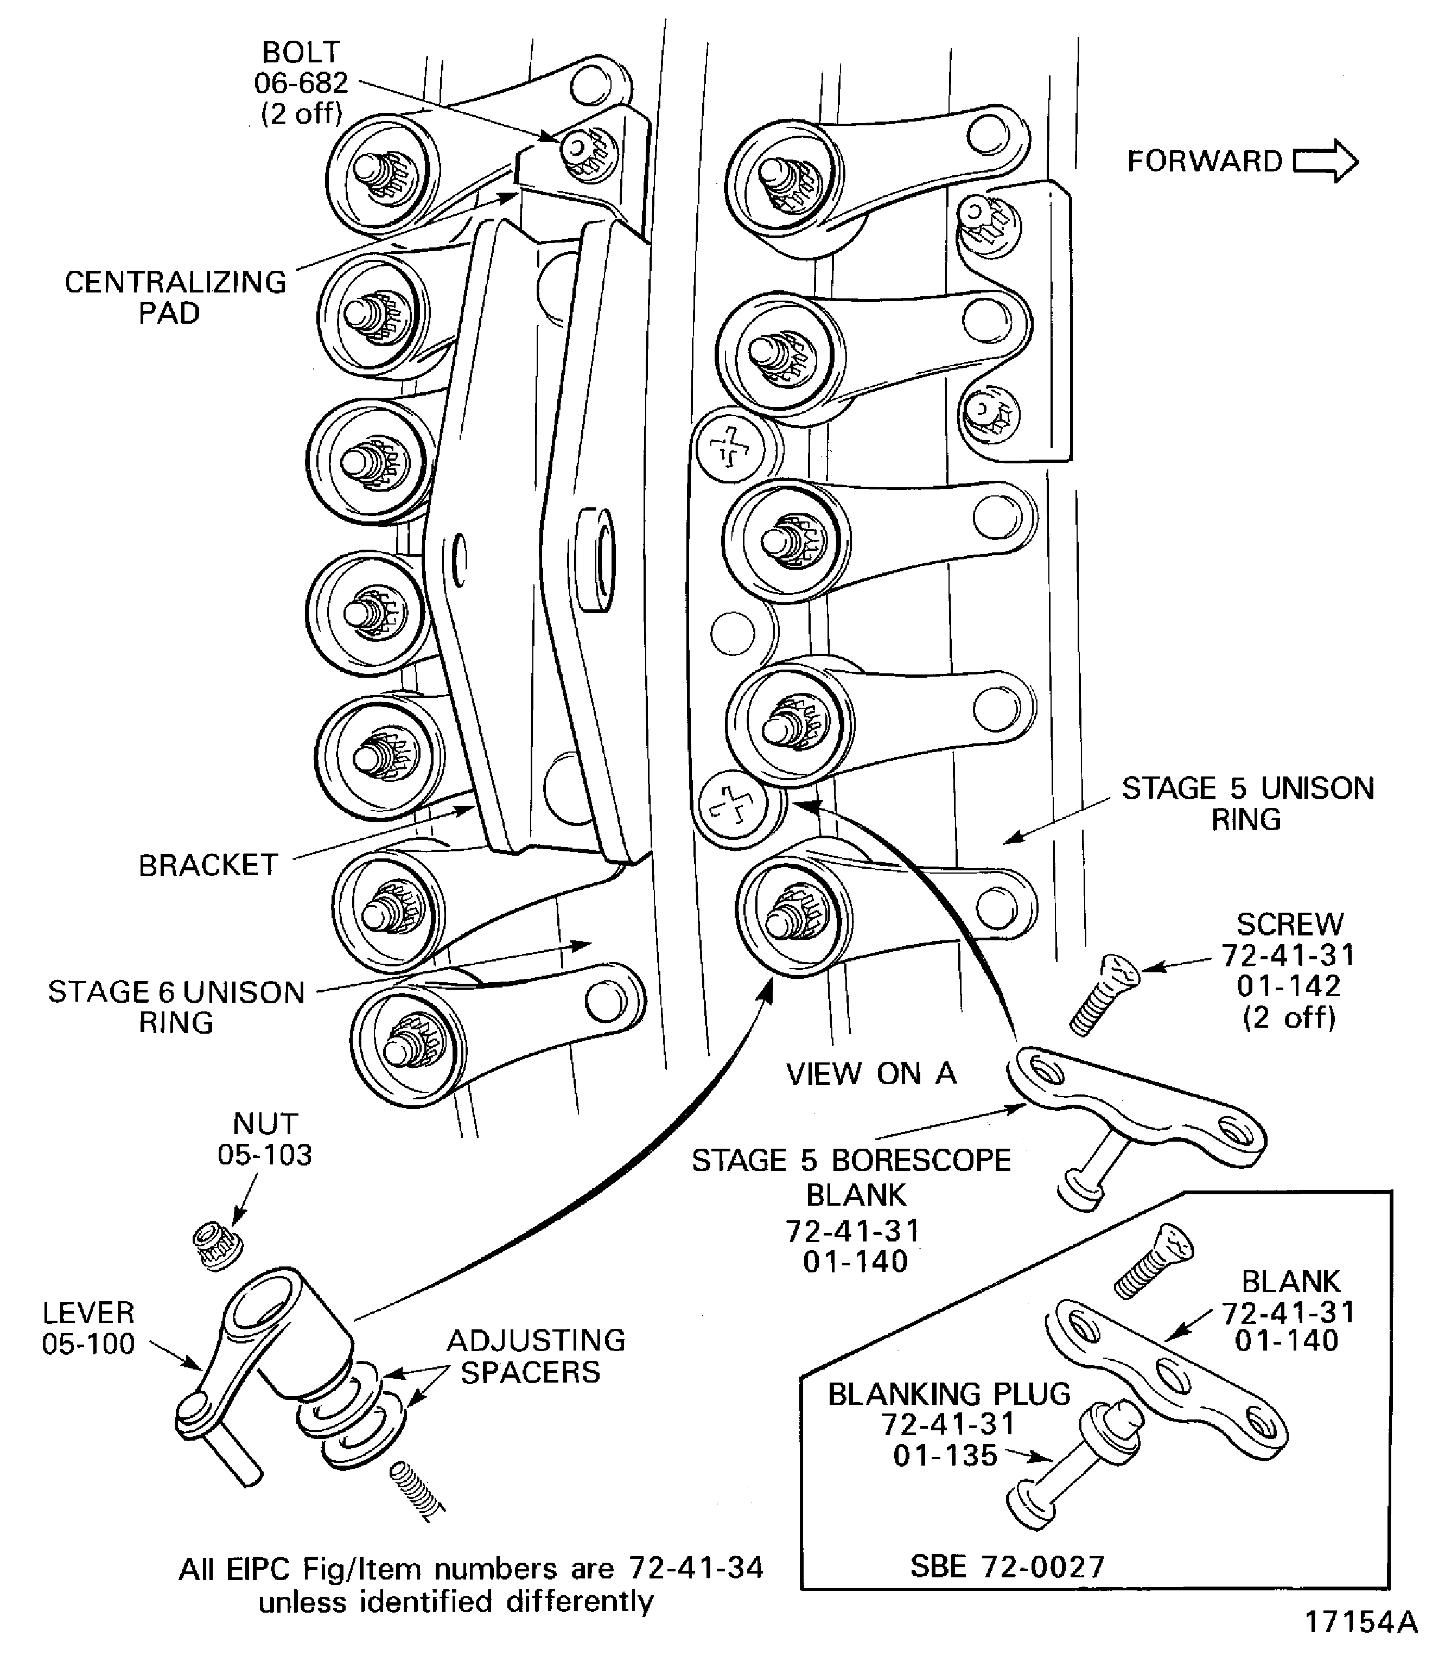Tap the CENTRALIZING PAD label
175,297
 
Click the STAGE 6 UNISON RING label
176,1007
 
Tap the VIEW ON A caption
871,1073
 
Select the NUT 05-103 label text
264,1138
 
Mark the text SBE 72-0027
1007,1566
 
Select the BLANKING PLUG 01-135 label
949,1424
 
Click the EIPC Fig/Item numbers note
470,1584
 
